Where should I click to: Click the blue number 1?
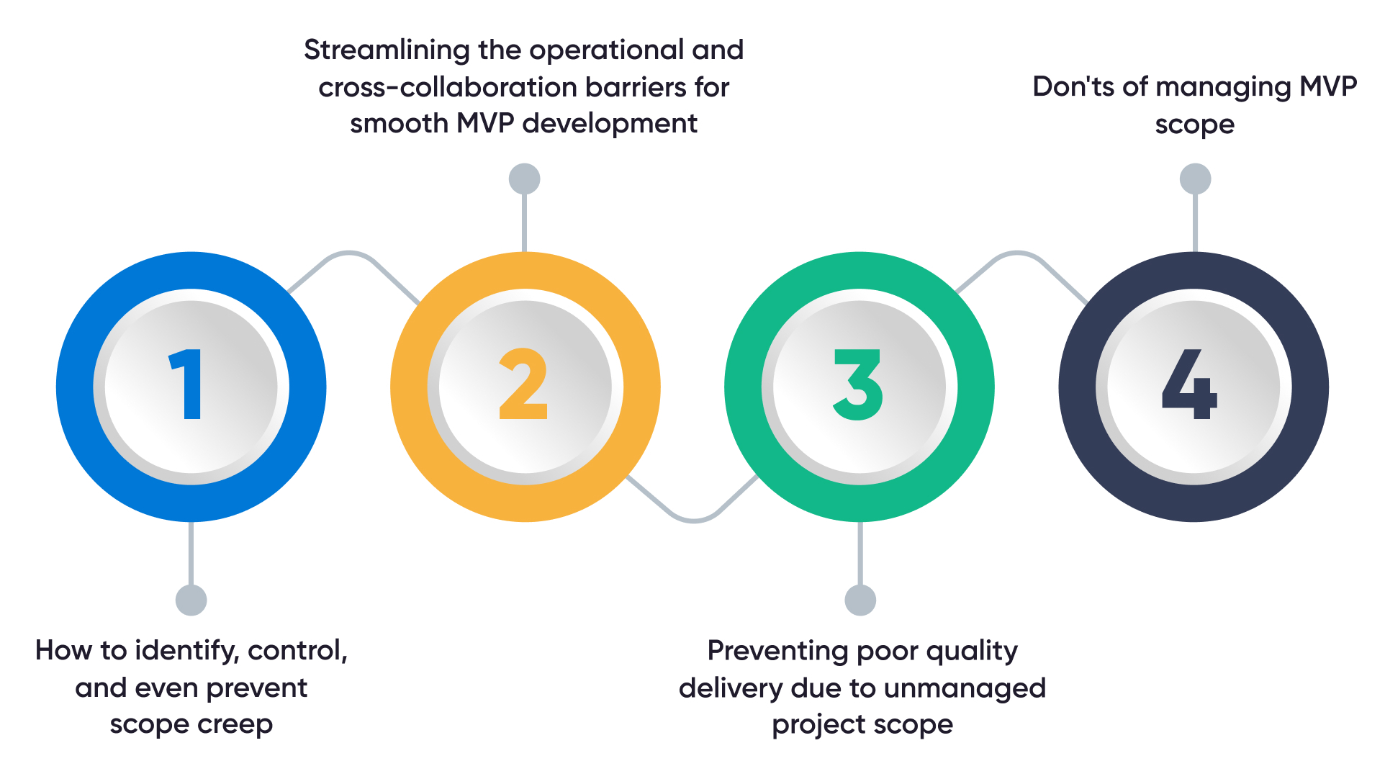tap(186, 384)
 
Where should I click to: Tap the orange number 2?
tap(523, 384)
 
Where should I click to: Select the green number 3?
tap(857, 384)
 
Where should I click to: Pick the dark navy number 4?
tap(1189, 384)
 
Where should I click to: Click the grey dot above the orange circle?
tap(525, 179)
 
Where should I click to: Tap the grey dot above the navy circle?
tap(1196, 179)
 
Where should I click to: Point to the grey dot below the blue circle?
tap(191, 600)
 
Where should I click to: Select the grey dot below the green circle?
tap(860, 600)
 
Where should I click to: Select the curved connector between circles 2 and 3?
tap(692, 519)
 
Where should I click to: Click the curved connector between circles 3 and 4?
tap(1018, 253)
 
